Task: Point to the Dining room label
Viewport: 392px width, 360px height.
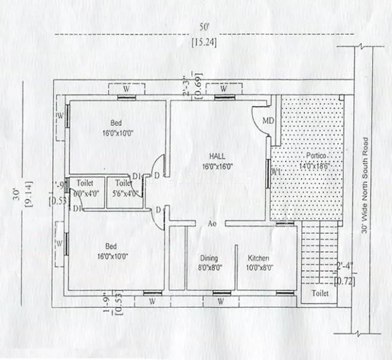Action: pos(209,259)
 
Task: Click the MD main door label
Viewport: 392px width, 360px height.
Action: pos(268,121)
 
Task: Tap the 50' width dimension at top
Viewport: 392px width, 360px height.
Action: pos(205,27)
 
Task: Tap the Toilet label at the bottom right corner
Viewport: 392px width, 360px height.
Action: pos(319,293)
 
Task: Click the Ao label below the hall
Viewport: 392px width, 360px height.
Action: pos(212,223)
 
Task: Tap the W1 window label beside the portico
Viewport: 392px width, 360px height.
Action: pos(276,172)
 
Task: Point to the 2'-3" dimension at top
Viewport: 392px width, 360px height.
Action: pos(187,86)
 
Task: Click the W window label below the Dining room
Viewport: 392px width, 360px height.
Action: pos(222,300)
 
